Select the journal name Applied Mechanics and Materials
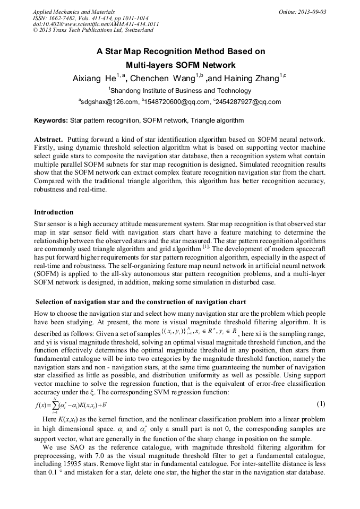pos(74,12)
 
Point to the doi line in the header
pos(96,24)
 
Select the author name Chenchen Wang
pos(162,79)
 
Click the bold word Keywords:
pos(51,121)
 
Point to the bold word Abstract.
pos(49,139)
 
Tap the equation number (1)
pos(321,404)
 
